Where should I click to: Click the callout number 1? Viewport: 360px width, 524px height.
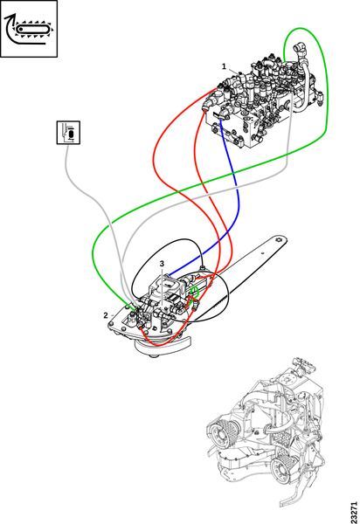pos(224,66)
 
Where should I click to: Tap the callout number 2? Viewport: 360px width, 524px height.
pos(106,315)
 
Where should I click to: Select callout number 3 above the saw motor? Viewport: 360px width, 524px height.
pos(163,264)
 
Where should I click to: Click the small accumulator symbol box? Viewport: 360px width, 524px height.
pos(68,133)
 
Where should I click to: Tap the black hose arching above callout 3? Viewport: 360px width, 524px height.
pos(167,241)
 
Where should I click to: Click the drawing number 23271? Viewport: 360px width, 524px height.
pos(354,512)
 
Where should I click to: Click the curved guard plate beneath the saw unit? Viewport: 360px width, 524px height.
pos(163,348)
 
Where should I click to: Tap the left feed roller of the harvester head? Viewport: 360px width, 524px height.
pos(222,434)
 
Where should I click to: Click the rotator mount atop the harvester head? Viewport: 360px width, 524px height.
pos(303,367)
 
